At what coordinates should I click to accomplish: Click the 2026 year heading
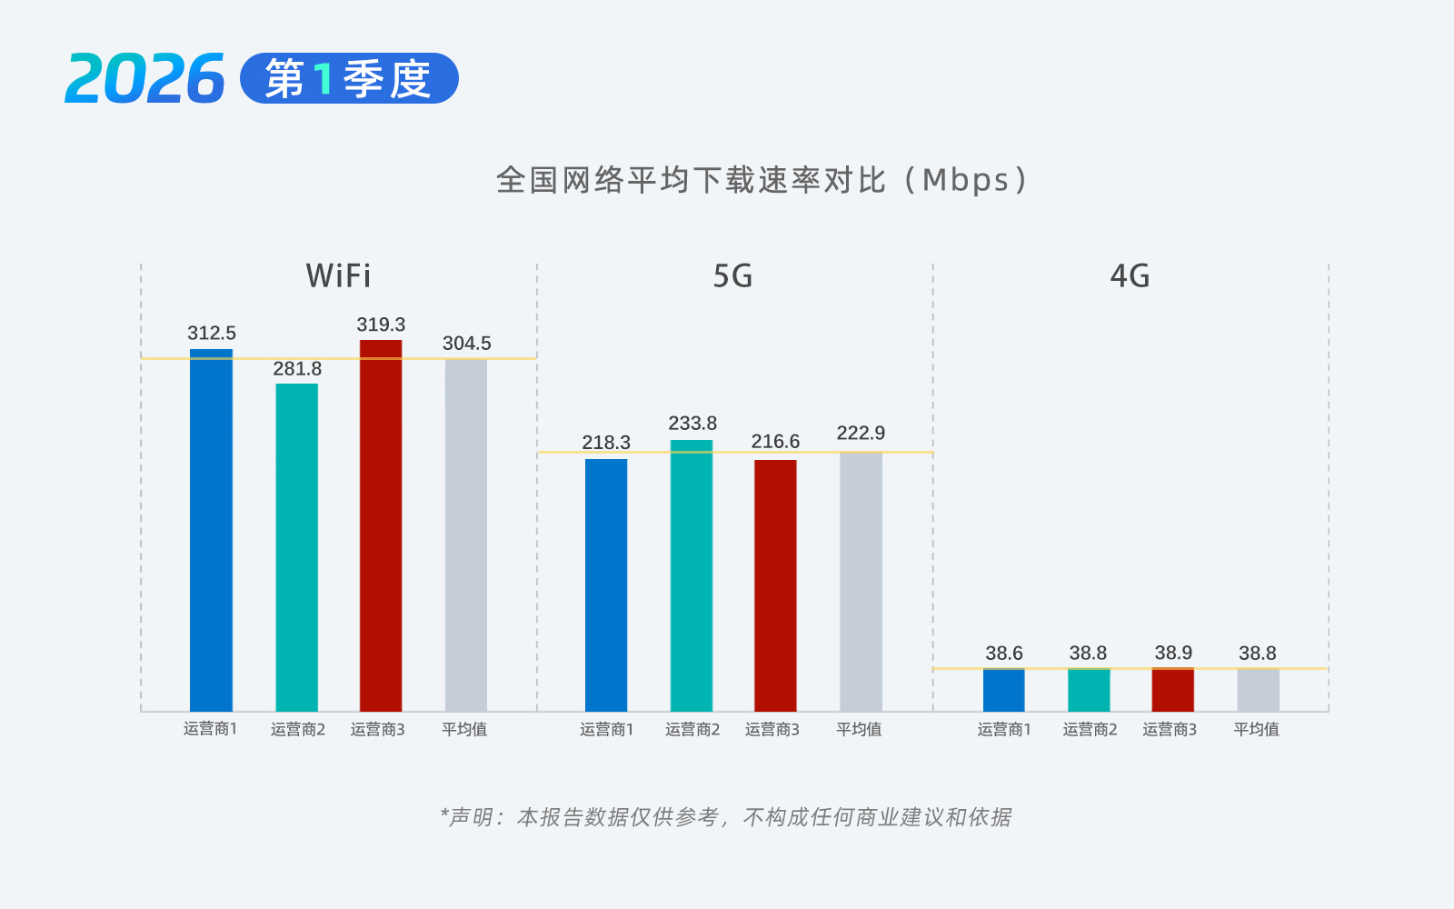(145, 79)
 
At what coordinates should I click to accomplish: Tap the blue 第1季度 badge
(349, 79)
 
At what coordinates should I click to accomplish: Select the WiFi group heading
(338, 275)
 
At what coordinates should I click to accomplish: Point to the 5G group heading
(732, 275)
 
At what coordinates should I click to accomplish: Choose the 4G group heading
(1130, 275)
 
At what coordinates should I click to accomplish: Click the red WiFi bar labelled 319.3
(381, 527)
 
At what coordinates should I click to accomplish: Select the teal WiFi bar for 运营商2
(297, 545)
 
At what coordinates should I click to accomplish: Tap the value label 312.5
(212, 334)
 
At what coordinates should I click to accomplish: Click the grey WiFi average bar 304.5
(466, 536)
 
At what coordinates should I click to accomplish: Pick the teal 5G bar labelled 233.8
(692, 577)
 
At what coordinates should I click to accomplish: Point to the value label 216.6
(775, 442)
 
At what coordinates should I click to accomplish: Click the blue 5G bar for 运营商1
(606, 586)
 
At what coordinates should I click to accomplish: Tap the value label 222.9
(861, 433)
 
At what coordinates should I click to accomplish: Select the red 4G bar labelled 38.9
(1172, 691)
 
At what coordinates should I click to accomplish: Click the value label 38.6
(1004, 654)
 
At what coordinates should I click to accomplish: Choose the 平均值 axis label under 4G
(1256, 729)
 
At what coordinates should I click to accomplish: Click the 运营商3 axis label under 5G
(772, 729)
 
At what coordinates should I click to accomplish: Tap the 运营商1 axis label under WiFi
(210, 729)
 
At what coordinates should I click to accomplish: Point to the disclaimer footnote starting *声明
(725, 817)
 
